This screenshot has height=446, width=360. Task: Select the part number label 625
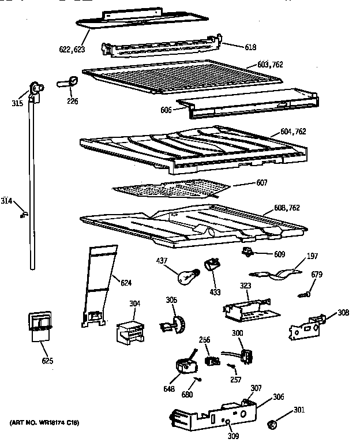click(x=47, y=361)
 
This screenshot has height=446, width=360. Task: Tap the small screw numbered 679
click(x=305, y=295)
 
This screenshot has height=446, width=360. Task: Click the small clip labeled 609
click(x=249, y=252)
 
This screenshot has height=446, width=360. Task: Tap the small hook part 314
click(x=24, y=214)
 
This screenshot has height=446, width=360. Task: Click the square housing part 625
click(x=39, y=325)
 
